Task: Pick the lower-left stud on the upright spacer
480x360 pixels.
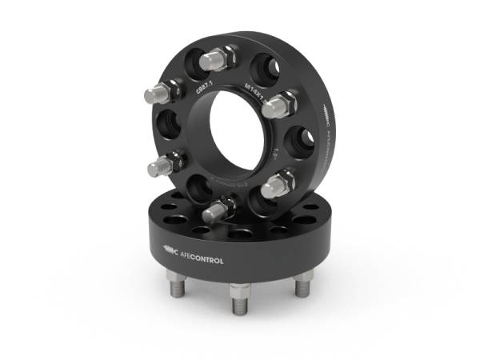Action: (x=161, y=166)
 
